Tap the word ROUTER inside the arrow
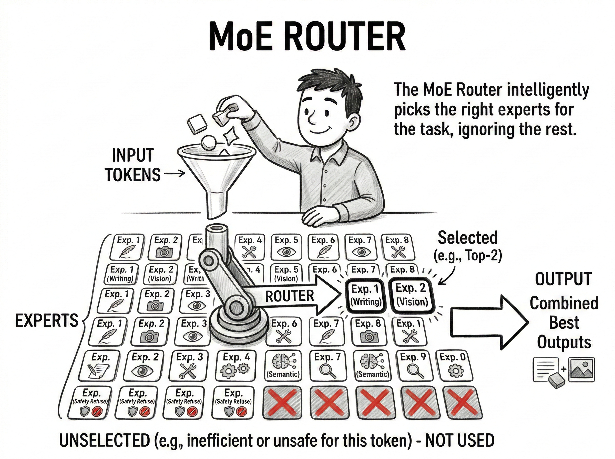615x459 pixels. (x=289, y=296)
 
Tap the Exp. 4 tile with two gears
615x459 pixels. (x=236, y=365)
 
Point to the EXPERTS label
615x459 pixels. (x=47, y=321)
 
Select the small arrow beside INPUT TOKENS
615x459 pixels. (x=175, y=174)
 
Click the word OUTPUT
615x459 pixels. (x=563, y=279)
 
